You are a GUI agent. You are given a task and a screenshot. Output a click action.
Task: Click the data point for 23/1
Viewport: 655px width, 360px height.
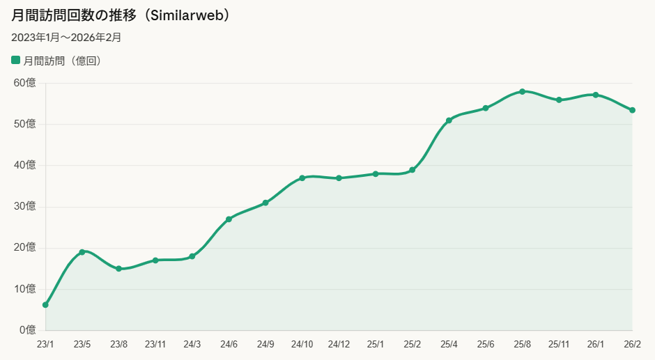[45, 305]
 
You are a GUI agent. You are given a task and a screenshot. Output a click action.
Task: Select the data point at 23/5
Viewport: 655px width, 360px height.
[82, 252]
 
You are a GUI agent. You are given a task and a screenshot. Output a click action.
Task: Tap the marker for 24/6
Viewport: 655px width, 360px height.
[229, 219]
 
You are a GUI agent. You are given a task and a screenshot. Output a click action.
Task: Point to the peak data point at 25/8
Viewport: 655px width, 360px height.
[522, 91]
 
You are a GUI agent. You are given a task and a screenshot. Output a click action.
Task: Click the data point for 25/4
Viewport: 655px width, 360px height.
[449, 120]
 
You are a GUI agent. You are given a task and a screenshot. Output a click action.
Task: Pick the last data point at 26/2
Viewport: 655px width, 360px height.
[633, 110]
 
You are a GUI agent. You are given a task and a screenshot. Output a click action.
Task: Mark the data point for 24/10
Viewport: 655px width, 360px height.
[302, 178]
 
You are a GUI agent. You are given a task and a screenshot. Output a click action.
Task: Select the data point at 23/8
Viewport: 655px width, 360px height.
[118, 269]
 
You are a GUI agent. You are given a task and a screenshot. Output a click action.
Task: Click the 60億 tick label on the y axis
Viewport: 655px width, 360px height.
[24, 83]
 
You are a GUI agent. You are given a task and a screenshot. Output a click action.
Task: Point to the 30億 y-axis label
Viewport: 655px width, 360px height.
[24, 206]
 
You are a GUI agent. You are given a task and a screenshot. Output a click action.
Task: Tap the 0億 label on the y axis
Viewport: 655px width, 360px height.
[28, 330]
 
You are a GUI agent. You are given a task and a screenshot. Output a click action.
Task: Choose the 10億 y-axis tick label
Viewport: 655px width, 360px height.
[24, 289]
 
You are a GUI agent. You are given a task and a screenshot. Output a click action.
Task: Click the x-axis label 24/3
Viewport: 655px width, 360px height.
[192, 345]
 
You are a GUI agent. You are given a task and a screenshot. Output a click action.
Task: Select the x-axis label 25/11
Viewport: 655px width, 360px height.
[559, 345]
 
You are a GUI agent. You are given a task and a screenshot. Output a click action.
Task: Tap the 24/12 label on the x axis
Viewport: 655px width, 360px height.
[339, 345]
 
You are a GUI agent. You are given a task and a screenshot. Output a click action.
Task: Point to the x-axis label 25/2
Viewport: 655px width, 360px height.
[413, 345]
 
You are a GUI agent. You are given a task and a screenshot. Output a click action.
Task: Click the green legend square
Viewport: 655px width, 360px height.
[15, 60]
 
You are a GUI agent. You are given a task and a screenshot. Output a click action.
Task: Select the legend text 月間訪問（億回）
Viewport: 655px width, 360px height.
[62, 61]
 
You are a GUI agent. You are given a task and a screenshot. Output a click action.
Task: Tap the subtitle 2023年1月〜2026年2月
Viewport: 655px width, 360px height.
[66, 38]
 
